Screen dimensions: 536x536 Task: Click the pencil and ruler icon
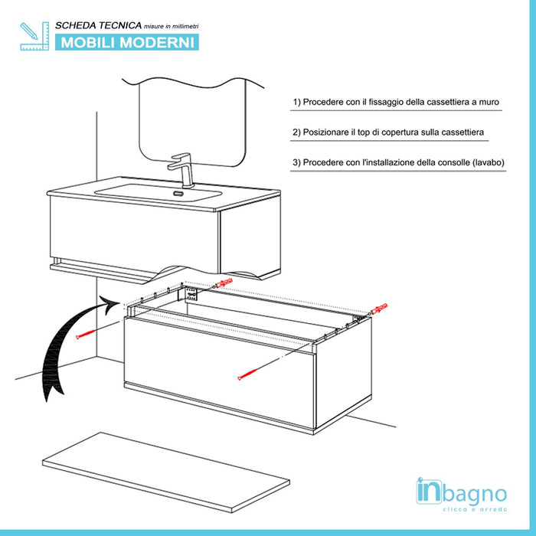[x=34, y=36]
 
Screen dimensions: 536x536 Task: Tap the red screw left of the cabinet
[x=86, y=335]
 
